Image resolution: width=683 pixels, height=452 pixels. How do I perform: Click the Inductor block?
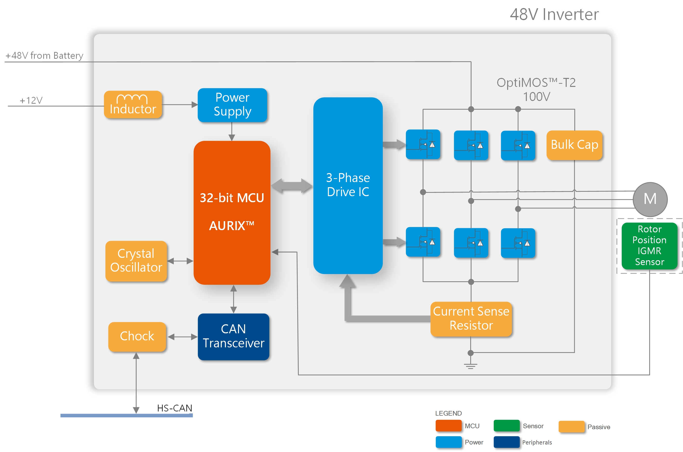point(133,105)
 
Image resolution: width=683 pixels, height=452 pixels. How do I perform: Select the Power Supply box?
point(232,105)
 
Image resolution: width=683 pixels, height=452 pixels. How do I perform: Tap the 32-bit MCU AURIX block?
point(232,212)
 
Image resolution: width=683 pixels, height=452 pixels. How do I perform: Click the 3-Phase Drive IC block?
point(348,185)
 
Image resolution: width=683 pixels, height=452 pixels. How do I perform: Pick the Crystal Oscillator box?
point(136,261)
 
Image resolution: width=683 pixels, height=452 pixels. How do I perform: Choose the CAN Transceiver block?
point(233,336)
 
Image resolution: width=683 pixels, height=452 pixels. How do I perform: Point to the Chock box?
point(137,336)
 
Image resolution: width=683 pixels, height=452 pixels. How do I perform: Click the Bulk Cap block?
point(574,145)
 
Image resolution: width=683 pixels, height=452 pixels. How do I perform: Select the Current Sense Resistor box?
point(471,319)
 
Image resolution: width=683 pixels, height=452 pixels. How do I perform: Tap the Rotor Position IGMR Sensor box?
point(649,246)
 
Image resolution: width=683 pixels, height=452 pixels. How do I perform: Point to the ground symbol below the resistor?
point(470,366)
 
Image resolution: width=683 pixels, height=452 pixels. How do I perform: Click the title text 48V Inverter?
point(554,14)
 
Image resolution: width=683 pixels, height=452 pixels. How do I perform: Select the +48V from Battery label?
point(44,55)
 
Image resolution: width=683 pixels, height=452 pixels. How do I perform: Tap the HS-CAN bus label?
point(174,408)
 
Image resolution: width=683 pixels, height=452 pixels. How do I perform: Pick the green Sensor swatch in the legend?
point(506,426)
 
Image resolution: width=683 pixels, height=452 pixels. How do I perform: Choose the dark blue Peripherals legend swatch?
point(506,442)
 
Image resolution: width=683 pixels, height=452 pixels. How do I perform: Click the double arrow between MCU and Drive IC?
point(291,186)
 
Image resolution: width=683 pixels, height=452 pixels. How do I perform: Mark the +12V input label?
point(31,100)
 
